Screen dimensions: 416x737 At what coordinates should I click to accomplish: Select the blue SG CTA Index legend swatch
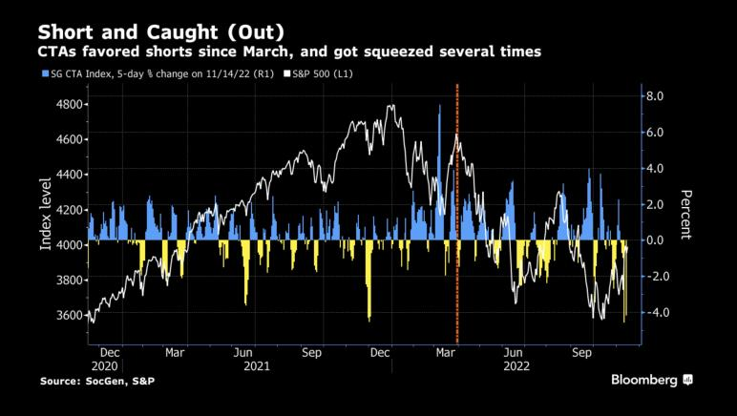43,73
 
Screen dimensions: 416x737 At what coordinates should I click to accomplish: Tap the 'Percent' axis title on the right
684,215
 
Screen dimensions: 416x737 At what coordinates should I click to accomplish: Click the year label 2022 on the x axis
516,364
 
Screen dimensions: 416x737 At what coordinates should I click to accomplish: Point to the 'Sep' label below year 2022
580,351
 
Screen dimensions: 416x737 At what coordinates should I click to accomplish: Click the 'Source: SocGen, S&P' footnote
97,382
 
